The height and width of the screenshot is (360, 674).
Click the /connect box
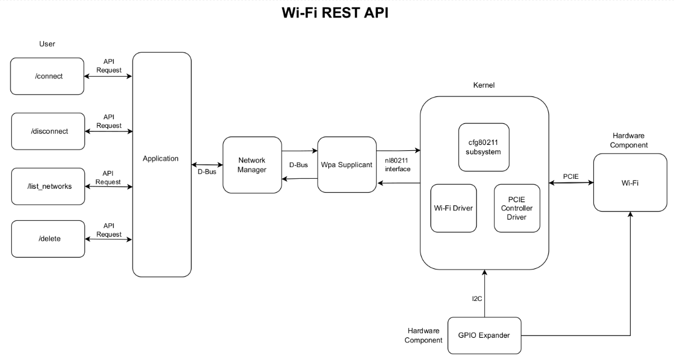click(x=47, y=76)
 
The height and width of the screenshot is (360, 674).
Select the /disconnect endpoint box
click(x=48, y=131)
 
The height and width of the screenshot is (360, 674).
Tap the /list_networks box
click(x=48, y=186)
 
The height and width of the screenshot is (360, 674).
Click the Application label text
click(x=161, y=158)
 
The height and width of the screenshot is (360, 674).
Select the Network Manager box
click(x=252, y=165)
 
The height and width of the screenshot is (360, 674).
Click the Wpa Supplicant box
click(x=347, y=165)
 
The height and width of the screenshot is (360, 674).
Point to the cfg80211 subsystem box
click(x=484, y=147)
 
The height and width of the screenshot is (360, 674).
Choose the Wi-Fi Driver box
click(x=453, y=207)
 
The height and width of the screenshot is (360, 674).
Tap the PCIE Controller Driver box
click(x=517, y=208)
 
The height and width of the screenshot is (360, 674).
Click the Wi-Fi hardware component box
click(x=630, y=183)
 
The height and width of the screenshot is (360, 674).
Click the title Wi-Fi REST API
click(x=335, y=13)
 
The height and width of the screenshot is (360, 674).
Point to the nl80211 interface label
click(x=398, y=164)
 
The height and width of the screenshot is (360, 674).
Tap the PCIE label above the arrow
click(x=571, y=176)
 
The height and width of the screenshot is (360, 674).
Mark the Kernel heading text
click(x=484, y=86)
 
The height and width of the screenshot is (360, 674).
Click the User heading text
click(x=47, y=44)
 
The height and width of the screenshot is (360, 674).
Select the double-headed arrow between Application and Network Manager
click(x=207, y=164)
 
